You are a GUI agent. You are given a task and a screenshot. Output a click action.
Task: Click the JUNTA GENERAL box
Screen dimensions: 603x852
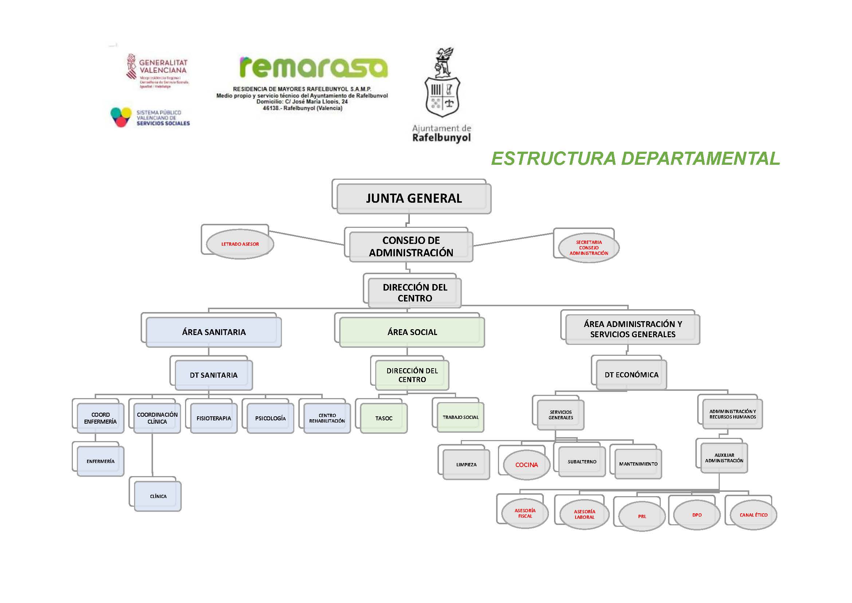point(414,198)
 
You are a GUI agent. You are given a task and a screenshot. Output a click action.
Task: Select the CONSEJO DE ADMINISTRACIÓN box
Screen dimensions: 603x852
point(411,246)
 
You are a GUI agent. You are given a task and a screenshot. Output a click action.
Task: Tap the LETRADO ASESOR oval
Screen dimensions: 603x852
point(240,244)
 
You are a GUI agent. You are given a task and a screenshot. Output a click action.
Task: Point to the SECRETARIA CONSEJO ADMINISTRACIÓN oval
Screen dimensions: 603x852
point(589,248)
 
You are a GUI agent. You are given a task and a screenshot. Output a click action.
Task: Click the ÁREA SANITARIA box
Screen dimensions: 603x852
point(214,332)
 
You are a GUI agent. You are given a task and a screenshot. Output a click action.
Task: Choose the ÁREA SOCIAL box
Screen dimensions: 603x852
point(412,332)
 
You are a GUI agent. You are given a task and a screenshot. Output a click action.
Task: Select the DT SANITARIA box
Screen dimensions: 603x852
point(214,375)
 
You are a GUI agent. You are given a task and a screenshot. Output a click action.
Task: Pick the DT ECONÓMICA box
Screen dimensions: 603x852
point(631,375)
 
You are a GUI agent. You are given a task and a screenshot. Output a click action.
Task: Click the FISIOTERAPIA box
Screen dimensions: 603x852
point(214,418)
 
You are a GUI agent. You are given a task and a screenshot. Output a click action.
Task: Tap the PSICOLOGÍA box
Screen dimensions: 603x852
point(270,418)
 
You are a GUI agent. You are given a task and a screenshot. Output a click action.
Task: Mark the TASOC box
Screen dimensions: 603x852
point(384,418)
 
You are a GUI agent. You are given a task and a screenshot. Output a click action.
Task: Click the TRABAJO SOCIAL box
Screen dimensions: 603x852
point(460,417)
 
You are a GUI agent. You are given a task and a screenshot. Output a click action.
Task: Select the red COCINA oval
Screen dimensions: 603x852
point(526,464)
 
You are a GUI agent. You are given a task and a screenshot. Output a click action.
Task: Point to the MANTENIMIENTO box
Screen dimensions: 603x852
point(638,464)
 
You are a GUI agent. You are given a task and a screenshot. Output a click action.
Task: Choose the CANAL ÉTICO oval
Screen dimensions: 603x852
point(753,515)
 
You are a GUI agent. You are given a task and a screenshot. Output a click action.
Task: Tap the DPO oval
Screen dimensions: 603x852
point(696,515)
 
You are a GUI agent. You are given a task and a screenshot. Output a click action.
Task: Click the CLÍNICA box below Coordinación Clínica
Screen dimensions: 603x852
point(158,496)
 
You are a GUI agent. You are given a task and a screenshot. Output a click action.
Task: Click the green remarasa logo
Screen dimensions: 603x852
point(314,67)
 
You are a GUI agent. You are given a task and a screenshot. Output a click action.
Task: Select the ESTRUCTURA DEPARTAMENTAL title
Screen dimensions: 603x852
point(635,159)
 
